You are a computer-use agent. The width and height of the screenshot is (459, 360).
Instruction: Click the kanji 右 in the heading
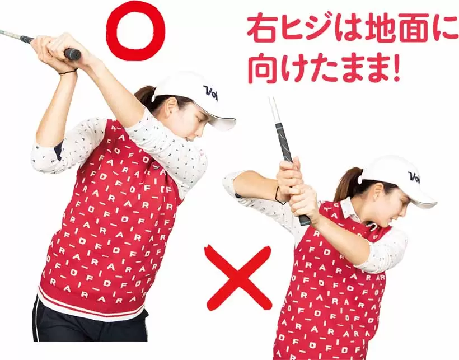coord(262,27)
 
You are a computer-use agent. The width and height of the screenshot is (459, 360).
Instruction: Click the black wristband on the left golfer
coord(68,71)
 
